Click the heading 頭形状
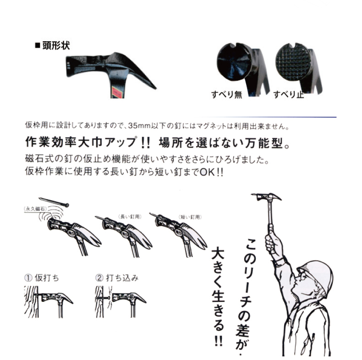55,45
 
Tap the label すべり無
226,94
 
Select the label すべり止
288,94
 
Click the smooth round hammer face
234,62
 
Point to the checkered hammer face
294,62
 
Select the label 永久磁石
35,209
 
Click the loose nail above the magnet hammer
54,202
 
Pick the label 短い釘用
190,217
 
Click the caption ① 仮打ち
42,278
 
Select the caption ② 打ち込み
116,278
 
